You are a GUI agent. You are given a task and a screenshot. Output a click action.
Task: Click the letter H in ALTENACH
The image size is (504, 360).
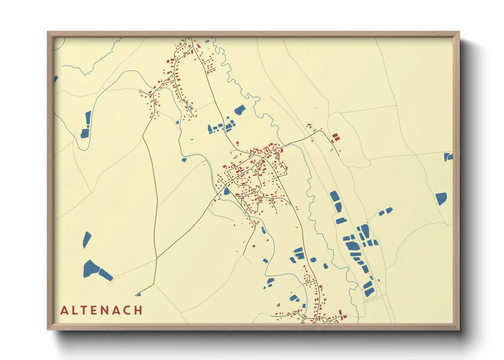(x=138, y=310)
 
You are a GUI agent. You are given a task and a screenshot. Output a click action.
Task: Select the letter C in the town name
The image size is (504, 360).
(x=126, y=310)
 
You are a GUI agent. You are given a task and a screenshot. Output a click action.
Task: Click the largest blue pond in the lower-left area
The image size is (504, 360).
(x=91, y=269)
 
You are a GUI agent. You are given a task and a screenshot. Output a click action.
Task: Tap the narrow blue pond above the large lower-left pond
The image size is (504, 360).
(x=86, y=240)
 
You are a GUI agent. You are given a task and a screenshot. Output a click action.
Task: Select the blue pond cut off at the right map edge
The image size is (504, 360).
(x=448, y=157)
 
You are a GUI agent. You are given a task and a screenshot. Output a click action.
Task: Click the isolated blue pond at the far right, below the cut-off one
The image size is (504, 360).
(x=441, y=198)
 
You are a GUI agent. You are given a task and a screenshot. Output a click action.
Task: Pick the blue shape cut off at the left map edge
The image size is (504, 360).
(x=56, y=79)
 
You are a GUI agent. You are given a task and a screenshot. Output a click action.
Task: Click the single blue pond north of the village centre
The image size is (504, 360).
(x=240, y=110)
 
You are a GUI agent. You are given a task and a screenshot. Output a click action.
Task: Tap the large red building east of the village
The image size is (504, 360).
(x=335, y=137)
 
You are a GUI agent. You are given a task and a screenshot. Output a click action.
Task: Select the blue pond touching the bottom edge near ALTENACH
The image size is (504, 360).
(x=138, y=294)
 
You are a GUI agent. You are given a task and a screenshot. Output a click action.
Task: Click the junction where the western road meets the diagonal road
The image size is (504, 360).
(x=157, y=258)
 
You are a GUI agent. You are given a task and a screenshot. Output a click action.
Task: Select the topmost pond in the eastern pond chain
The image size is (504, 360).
(x=334, y=196)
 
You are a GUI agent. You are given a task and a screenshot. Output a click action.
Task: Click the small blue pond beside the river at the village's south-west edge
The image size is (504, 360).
(x=227, y=192)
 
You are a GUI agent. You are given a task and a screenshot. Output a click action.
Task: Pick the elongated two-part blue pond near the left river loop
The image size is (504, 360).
(x=86, y=125)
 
